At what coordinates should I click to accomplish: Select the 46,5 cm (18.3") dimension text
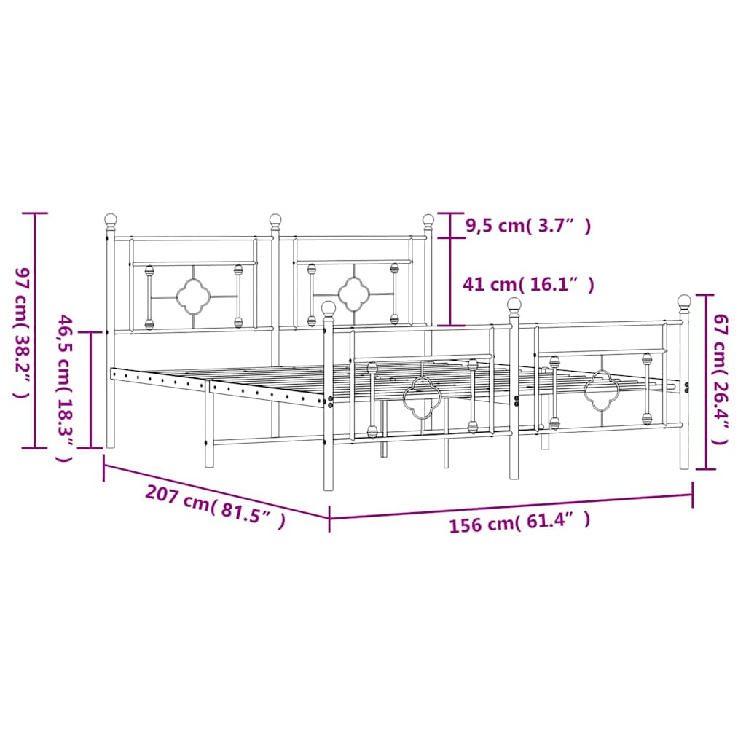65,388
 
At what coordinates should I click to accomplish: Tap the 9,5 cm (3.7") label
528,226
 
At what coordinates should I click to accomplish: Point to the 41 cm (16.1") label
528,285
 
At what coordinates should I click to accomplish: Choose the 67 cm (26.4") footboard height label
719,379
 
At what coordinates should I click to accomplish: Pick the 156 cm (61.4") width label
519,522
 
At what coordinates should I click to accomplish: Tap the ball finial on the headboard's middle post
275,219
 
